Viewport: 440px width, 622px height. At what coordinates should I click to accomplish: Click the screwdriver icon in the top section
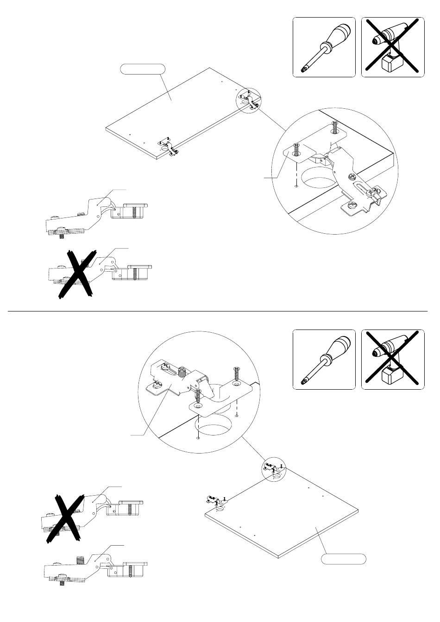tap(324, 47)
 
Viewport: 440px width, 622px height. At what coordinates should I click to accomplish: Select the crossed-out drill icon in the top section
tap(392, 47)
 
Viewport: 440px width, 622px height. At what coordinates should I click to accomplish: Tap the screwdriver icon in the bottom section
tap(324, 359)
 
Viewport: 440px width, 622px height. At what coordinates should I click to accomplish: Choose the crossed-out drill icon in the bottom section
tap(392, 359)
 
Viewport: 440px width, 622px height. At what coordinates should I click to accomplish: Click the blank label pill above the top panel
tap(142, 69)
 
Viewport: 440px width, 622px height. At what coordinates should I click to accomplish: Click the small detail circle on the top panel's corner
tap(249, 100)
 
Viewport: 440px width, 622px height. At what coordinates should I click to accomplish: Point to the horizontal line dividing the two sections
tap(218, 311)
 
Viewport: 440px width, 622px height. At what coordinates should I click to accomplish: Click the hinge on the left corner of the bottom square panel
tap(214, 501)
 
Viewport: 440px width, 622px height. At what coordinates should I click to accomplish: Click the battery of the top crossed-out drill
tap(389, 65)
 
